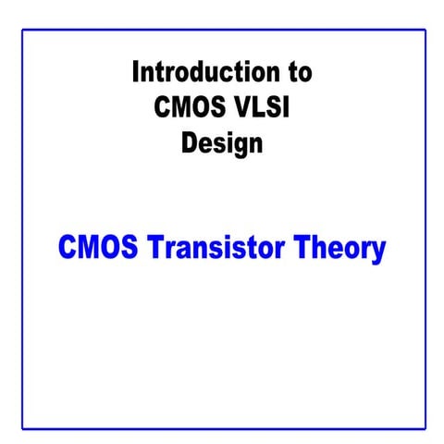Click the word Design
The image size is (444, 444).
[x=222, y=144]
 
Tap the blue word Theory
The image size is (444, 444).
[x=342, y=249]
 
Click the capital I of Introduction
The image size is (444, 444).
[x=136, y=70]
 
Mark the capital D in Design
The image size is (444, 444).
[x=190, y=143]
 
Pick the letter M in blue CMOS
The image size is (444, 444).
[x=89, y=248]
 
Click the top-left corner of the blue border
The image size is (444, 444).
[x=23, y=31]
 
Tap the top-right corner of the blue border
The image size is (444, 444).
[x=425, y=31]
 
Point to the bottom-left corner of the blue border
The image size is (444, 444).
[x=23, y=428]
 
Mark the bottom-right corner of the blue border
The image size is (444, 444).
[x=425, y=428]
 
